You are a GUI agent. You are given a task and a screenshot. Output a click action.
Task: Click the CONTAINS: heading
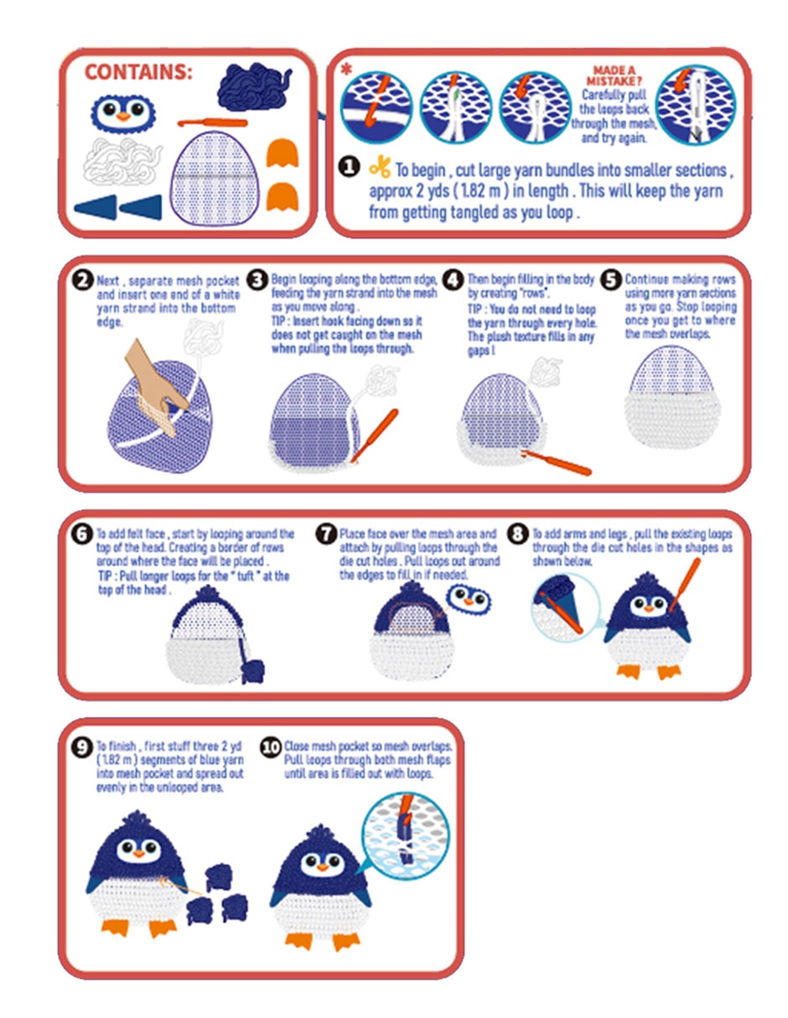tap(138, 72)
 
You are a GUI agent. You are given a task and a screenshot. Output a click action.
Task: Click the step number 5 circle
tap(611, 280)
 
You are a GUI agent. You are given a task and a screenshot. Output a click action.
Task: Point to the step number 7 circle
tap(326, 534)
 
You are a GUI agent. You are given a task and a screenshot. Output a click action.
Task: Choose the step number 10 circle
tap(271, 747)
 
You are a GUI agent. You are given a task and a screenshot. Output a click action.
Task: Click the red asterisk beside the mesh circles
tap(346, 70)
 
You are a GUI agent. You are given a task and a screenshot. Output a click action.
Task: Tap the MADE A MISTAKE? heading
tap(614, 75)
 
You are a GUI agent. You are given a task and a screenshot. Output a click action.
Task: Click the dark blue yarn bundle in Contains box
tap(253, 87)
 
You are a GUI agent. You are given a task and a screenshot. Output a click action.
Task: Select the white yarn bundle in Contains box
tap(122, 162)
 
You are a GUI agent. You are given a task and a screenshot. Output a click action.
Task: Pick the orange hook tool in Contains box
tap(212, 123)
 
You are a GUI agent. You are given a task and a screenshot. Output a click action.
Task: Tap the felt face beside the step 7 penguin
tap(468, 600)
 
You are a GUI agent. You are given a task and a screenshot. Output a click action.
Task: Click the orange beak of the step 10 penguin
tap(322, 867)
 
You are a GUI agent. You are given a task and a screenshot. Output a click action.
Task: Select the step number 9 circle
tap(82, 747)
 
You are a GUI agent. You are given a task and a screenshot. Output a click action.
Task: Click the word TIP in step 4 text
tap(474, 309)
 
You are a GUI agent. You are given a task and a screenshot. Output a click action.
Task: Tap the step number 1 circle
tap(349, 167)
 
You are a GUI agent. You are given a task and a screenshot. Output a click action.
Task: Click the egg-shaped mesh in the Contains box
tap(215, 178)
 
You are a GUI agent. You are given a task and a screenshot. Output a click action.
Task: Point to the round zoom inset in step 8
tap(566, 607)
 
